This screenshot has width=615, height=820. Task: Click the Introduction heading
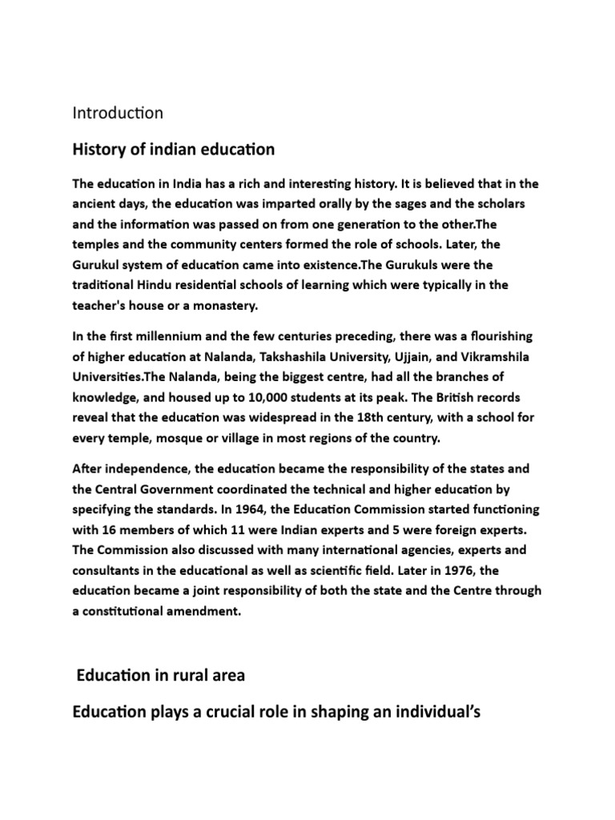coord(118,113)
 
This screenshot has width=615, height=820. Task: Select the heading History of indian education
coord(174,149)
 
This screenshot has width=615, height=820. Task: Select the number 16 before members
coord(110,530)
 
